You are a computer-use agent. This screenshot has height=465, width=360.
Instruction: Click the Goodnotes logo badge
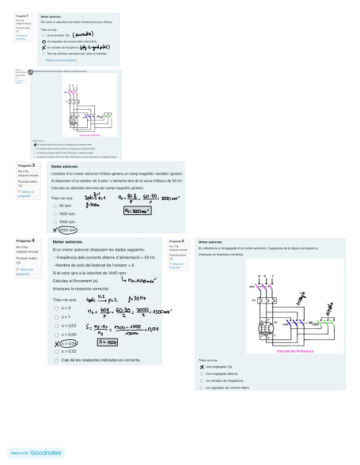(x=36, y=453)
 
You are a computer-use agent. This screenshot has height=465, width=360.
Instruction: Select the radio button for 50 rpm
(x=55, y=206)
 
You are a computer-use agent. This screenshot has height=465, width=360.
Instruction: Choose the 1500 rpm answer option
(x=55, y=213)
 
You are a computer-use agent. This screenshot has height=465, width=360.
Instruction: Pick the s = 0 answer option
(x=57, y=308)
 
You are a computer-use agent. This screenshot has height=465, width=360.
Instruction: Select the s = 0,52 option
(x=57, y=351)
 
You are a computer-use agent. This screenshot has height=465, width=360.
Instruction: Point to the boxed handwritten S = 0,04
(x=106, y=342)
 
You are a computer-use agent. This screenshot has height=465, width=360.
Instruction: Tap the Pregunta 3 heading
(x=26, y=165)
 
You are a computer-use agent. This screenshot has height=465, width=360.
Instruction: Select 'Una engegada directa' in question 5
(x=202, y=373)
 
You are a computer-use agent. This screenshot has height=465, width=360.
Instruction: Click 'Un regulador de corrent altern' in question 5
(x=202, y=387)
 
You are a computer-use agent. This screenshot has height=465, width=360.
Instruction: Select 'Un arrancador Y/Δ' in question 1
(x=43, y=35)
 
